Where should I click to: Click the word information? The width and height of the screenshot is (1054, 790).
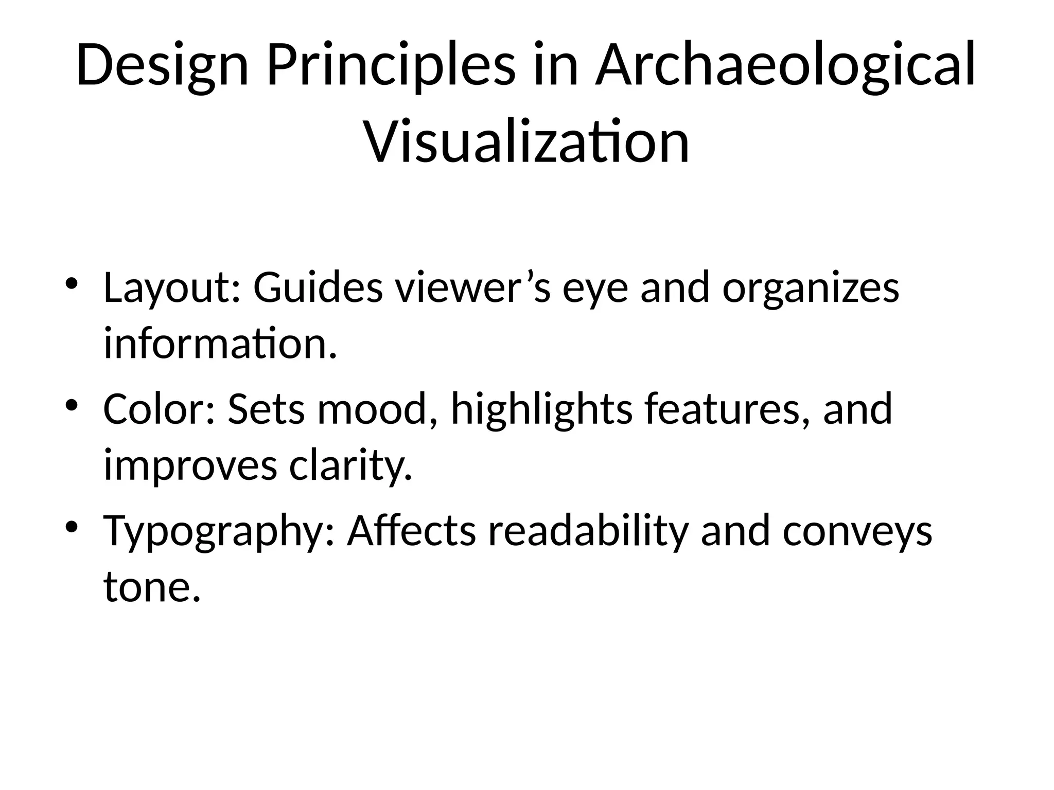(220, 344)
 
